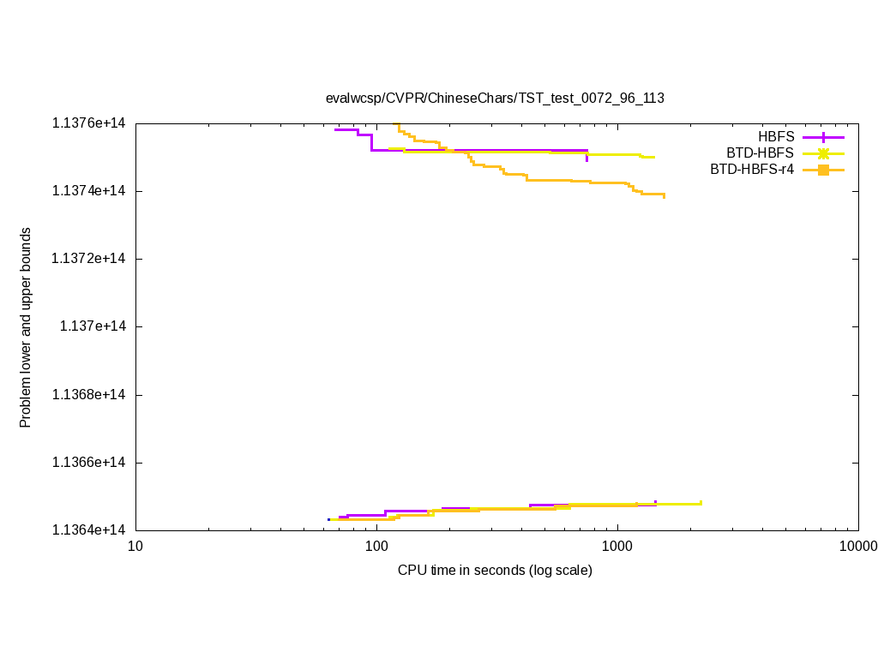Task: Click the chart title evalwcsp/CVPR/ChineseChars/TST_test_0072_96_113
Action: point(495,98)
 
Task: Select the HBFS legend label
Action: point(776,137)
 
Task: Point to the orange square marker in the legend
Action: point(823,170)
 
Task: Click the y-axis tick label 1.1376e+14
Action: point(88,123)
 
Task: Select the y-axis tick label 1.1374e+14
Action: point(88,190)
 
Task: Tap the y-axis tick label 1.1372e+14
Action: point(88,259)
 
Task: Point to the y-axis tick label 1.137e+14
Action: point(92,326)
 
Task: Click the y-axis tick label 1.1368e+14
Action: point(88,394)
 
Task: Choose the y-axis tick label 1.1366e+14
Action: point(88,463)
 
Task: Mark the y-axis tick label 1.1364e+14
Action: point(88,530)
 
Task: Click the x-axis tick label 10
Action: point(135,547)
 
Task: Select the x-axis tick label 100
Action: point(376,547)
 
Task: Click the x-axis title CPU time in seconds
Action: point(495,570)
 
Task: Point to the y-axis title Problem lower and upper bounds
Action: point(26,327)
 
